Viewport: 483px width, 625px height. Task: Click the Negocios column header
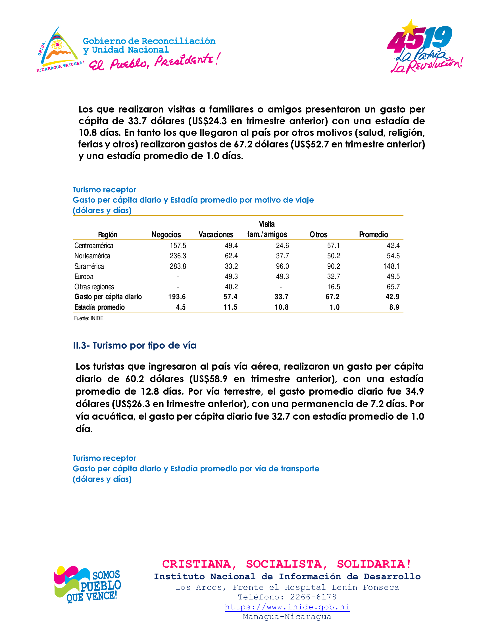pyautogui.click(x=166, y=235)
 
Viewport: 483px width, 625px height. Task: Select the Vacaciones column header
pyautogui.click(x=216, y=235)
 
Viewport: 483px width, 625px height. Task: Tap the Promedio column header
pyautogui.click(x=373, y=235)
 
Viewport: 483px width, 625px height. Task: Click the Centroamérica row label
pyautogui.click(x=94, y=245)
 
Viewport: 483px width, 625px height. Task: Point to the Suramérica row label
pyautogui.click(x=89, y=266)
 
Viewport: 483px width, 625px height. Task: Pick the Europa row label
pyautogui.click(x=84, y=277)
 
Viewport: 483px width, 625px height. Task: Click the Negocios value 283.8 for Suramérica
pyautogui.click(x=178, y=266)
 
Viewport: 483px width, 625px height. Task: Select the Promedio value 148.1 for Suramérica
pyautogui.click(x=391, y=266)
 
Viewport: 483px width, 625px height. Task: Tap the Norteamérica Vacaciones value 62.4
pyautogui.click(x=231, y=256)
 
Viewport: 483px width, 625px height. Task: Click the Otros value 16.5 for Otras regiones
pyautogui.click(x=334, y=287)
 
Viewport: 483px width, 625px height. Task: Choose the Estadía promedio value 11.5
pyautogui.click(x=230, y=307)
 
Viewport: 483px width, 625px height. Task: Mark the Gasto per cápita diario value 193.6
pyautogui.click(x=177, y=297)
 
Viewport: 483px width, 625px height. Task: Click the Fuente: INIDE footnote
pyautogui.click(x=89, y=318)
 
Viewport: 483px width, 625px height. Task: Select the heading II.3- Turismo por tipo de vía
pyautogui.click(x=134, y=345)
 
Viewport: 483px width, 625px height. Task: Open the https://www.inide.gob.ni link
pyautogui.click(x=287, y=607)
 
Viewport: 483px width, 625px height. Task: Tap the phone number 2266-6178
pyautogui.click(x=313, y=597)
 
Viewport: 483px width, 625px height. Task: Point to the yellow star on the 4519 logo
pyautogui.click(x=410, y=28)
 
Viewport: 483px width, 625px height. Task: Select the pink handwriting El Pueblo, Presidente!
pyautogui.click(x=155, y=62)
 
